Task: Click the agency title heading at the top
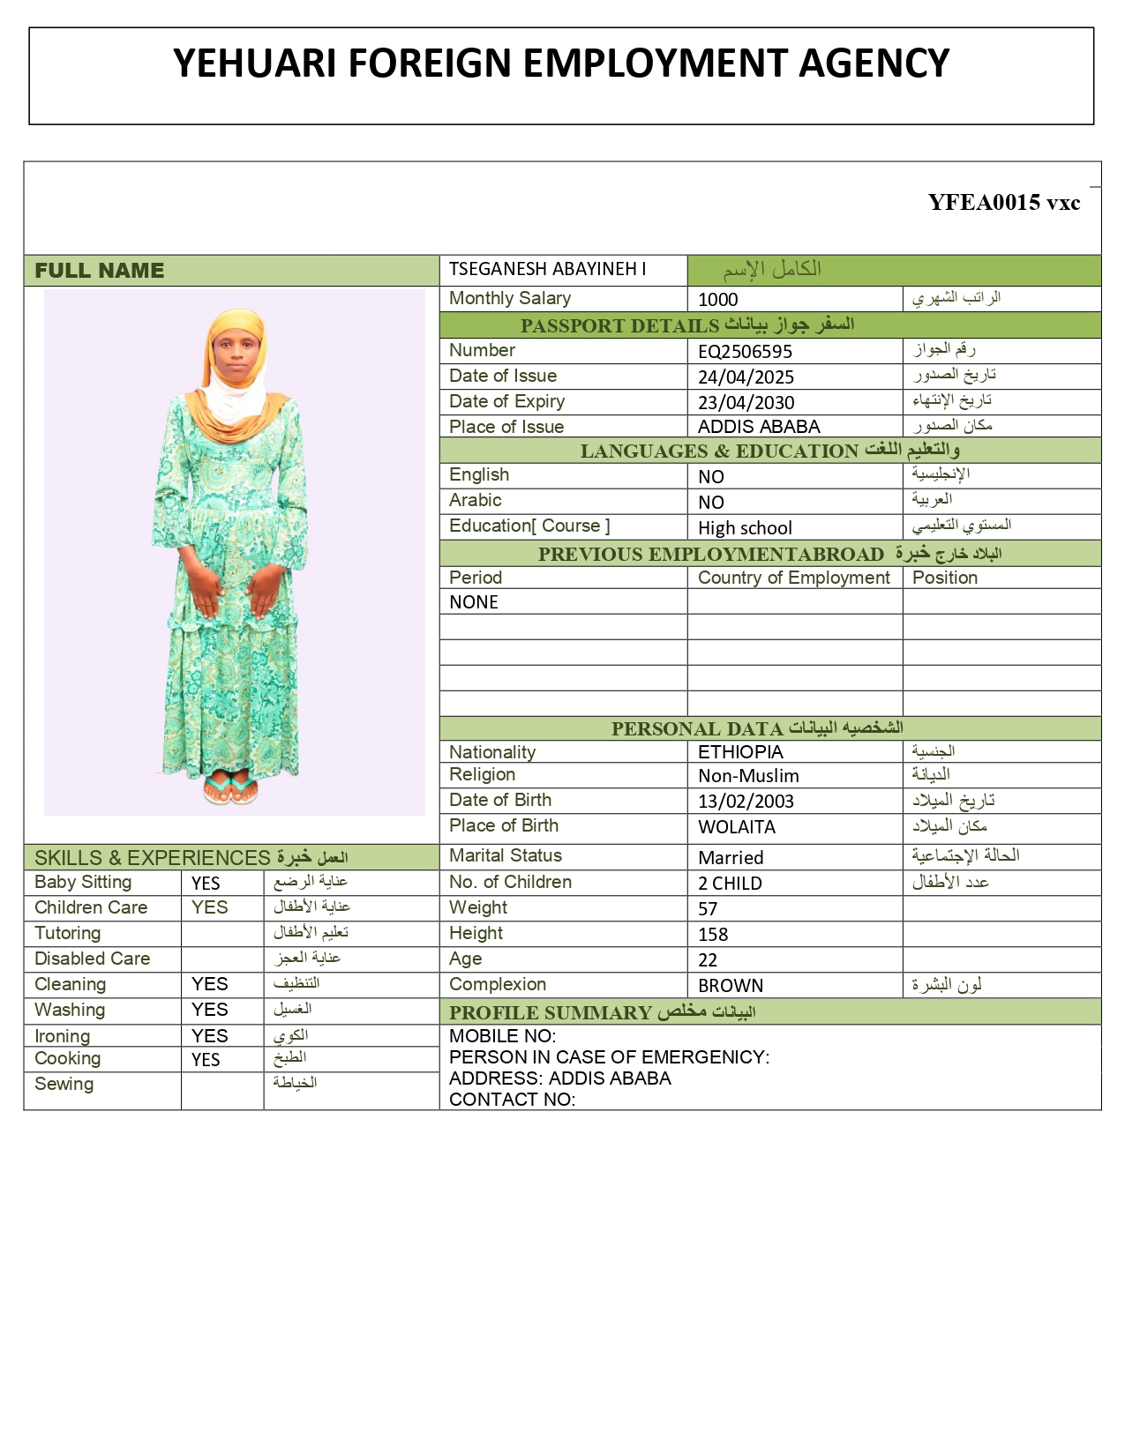561,63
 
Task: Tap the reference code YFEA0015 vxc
1004,203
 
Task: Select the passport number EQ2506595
745,352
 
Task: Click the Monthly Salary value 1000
717,300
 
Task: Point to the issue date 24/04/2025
746,377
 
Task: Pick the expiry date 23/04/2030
746,403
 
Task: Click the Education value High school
745,528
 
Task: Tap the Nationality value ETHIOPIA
740,752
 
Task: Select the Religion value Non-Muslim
748,776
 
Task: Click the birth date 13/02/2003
746,802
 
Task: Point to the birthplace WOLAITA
737,827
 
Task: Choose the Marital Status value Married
731,858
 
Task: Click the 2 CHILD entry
730,884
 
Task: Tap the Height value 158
713,935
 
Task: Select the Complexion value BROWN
731,986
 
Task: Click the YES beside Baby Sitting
206,884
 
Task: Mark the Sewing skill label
64,1085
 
